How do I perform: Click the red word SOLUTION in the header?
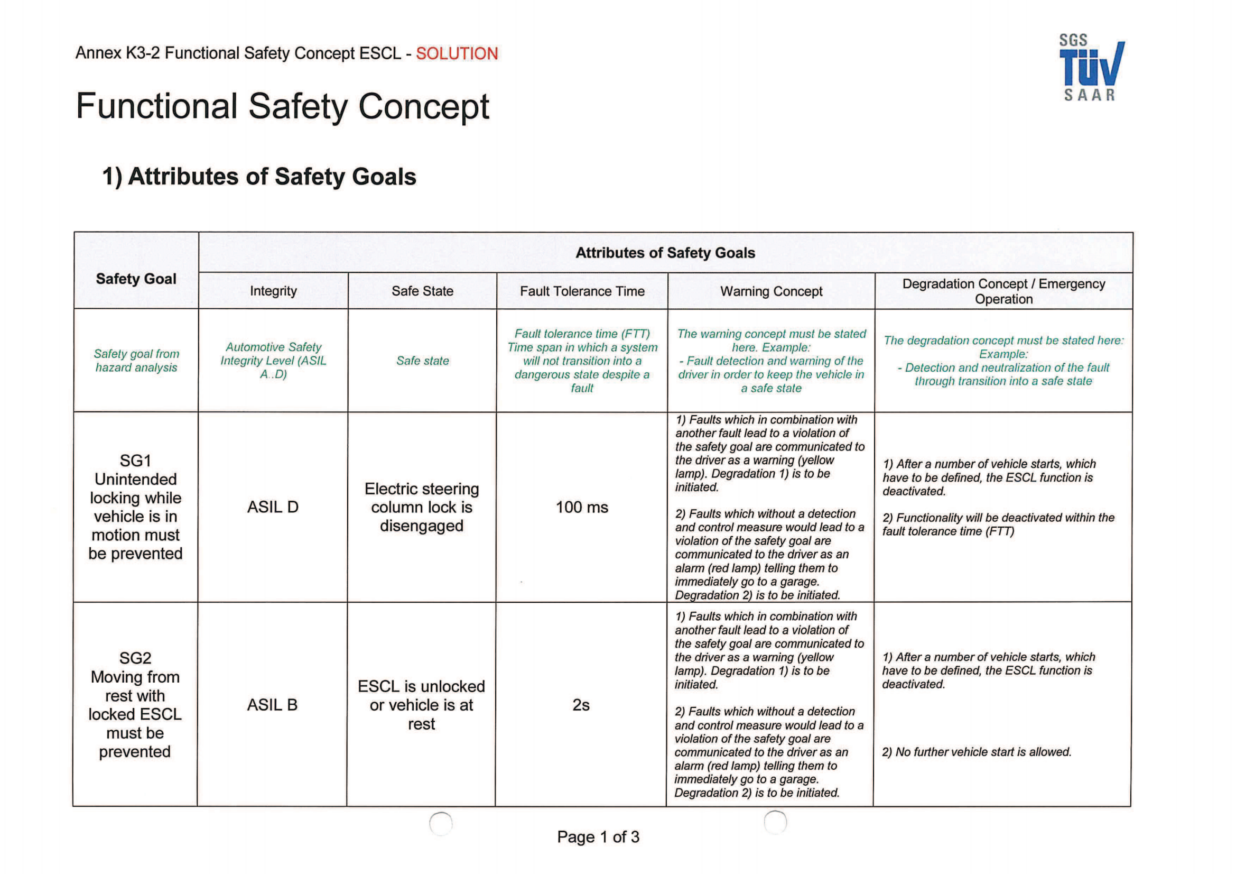[457, 53]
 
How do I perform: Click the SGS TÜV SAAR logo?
[1091, 68]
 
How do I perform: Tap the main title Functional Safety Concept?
[283, 106]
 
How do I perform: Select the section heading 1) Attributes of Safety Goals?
[259, 177]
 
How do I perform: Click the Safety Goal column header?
[136, 279]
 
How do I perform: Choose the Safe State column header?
[422, 291]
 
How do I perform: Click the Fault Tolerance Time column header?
[582, 291]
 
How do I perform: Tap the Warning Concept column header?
[771, 291]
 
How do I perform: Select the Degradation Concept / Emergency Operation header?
[1003, 291]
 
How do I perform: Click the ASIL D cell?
[272, 507]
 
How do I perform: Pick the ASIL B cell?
[272, 704]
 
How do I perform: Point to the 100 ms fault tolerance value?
[581, 507]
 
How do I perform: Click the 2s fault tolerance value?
[581, 704]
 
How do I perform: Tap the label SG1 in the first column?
[135, 461]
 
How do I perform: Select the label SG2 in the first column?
[135, 658]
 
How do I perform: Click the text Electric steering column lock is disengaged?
[422, 507]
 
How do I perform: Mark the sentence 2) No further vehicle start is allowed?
[976, 752]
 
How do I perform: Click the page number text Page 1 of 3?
[598, 836]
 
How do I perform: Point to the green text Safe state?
[422, 360]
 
